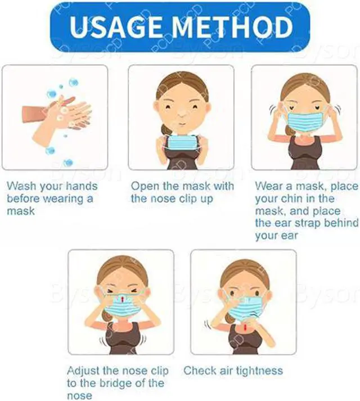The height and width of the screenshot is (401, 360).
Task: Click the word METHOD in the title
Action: (x=236, y=27)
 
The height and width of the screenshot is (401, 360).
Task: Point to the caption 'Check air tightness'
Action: (x=233, y=370)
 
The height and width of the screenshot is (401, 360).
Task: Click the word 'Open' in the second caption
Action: (x=144, y=186)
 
